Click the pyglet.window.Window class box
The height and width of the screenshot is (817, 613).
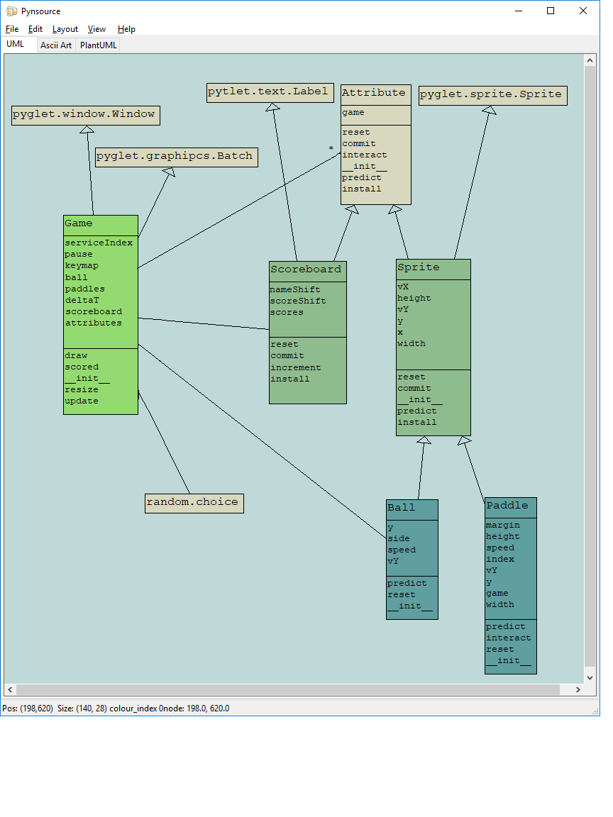(85, 115)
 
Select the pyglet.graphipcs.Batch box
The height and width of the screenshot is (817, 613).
(176, 157)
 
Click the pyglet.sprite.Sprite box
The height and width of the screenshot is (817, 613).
(492, 95)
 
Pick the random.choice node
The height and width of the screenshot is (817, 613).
(194, 503)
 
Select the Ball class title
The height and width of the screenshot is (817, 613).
(402, 508)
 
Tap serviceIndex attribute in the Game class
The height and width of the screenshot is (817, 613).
(99, 243)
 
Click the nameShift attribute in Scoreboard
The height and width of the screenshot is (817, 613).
(295, 289)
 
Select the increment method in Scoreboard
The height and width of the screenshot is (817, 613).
(296, 367)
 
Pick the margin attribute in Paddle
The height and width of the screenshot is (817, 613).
(503, 525)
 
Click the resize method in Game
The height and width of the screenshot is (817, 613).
(82, 389)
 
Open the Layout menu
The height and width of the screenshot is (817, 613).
(65, 29)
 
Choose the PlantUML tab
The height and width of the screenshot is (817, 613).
(99, 45)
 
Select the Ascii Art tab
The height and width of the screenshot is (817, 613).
(56, 45)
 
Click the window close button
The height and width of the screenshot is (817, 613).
(583, 11)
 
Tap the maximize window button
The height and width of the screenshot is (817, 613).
(551, 11)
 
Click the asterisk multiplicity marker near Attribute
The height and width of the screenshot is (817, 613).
(331, 149)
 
